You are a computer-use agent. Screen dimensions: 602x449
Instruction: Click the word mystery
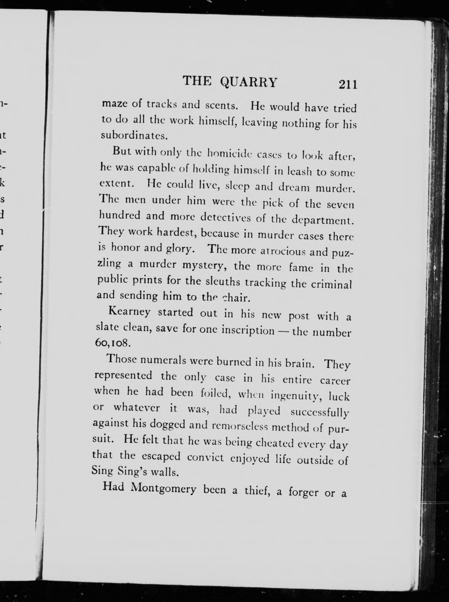click(x=204, y=266)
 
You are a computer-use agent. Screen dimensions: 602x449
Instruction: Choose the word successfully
click(x=320, y=412)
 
